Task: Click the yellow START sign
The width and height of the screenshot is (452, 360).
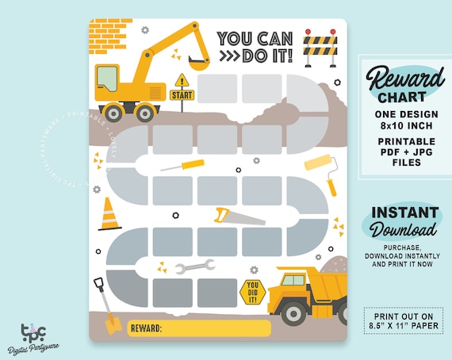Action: [x=182, y=94]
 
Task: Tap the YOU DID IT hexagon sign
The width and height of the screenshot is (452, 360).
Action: [x=252, y=291]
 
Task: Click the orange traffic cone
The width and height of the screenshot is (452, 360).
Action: [x=109, y=213]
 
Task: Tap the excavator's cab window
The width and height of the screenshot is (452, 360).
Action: [x=108, y=79]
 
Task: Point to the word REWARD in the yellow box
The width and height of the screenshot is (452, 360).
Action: [x=146, y=327]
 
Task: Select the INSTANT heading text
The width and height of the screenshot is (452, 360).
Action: [x=404, y=213]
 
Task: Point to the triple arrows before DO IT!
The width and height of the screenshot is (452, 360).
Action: [x=230, y=57]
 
